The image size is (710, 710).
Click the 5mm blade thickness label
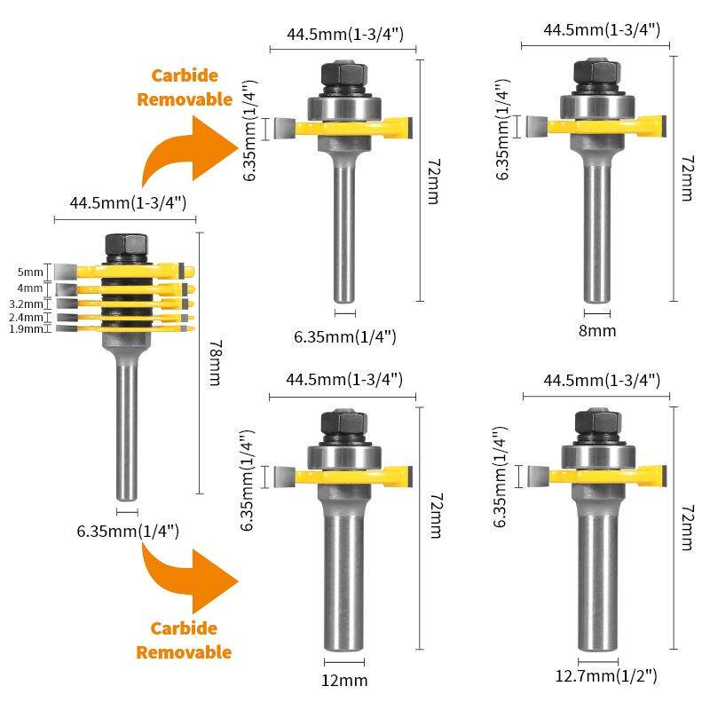(x=30, y=272)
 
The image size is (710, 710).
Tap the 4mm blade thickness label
(x=30, y=288)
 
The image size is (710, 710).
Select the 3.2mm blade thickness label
(x=26, y=304)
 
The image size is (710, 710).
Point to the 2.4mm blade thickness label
(x=26, y=317)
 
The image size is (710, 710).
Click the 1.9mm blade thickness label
(x=26, y=328)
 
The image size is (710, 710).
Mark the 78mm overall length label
(x=216, y=363)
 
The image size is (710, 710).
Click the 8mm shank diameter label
(x=597, y=331)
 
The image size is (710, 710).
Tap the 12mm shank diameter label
(x=344, y=681)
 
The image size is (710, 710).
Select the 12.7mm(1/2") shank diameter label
(x=606, y=676)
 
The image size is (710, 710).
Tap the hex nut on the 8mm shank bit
(x=596, y=72)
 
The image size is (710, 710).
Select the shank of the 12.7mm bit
(x=597, y=581)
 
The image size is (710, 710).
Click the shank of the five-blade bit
(x=127, y=431)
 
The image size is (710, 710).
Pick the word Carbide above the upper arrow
(x=185, y=75)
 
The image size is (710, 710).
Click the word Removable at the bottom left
(x=184, y=652)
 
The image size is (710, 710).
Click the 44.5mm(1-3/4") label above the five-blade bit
(x=128, y=203)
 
